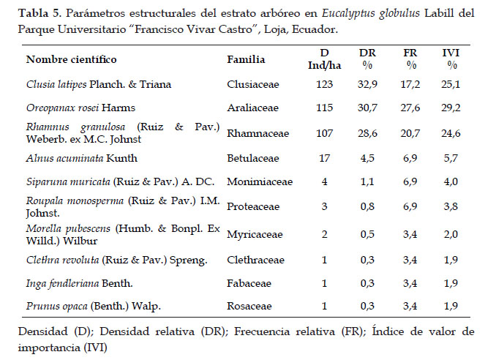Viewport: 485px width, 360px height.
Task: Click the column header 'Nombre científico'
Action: click(x=71, y=59)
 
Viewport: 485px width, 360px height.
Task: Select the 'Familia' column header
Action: click(x=246, y=59)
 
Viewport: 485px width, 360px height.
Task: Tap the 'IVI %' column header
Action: click(x=451, y=59)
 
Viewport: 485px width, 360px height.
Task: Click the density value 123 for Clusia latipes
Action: click(x=324, y=84)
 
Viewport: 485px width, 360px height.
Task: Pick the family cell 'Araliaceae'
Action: click(x=252, y=108)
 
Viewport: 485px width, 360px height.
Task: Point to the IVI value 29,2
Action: click(x=451, y=108)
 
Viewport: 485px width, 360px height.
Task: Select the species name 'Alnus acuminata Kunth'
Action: click(x=82, y=158)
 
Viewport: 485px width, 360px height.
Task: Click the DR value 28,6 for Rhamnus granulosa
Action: click(x=367, y=133)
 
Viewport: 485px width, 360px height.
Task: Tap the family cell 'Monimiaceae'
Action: click(x=260, y=181)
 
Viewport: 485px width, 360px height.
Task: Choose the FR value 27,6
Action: click(x=410, y=108)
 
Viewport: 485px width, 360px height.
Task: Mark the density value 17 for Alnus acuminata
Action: click(x=324, y=158)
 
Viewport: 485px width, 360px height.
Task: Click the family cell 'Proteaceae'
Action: click(x=253, y=206)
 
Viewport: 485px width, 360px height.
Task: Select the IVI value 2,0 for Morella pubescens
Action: click(x=451, y=234)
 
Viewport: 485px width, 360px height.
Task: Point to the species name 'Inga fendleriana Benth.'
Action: click(x=80, y=283)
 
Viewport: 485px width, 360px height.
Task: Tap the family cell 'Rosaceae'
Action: click(x=249, y=306)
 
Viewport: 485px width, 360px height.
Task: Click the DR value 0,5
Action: click(x=367, y=234)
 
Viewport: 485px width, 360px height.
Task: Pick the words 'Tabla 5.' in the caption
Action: click(x=40, y=13)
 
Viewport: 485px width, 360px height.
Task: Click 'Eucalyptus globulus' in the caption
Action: click(x=371, y=14)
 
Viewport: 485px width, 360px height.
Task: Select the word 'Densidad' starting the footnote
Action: click(x=42, y=331)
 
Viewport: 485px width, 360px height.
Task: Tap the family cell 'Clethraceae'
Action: click(x=255, y=260)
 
